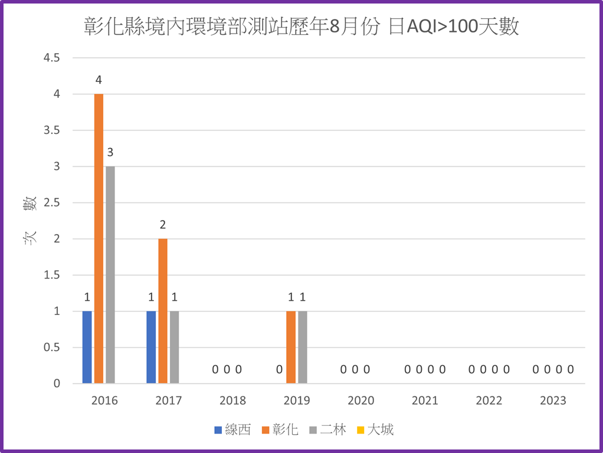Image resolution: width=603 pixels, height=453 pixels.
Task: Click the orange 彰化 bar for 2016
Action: click(x=99, y=238)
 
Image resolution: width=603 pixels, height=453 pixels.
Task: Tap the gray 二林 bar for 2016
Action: click(x=110, y=275)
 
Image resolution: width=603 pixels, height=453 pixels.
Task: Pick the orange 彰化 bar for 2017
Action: click(x=163, y=311)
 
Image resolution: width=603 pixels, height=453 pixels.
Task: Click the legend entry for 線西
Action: click(x=232, y=429)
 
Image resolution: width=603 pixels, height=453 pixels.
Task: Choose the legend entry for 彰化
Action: click(x=285, y=429)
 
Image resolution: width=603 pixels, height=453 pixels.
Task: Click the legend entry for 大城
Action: click(x=375, y=429)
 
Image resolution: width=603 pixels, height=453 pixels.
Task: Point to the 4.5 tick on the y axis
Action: click(x=51, y=58)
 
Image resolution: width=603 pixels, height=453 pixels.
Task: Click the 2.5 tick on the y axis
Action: click(x=51, y=203)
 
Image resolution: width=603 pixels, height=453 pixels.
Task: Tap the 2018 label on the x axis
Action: click(x=232, y=401)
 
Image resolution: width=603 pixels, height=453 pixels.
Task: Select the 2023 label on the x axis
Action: click(x=553, y=401)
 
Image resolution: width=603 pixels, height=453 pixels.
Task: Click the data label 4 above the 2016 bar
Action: click(x=99, y=80)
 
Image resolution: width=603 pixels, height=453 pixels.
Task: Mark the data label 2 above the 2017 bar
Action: click(x=163, y=225)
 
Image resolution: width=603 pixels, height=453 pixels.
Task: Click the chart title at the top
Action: click(x=301, y=27)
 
